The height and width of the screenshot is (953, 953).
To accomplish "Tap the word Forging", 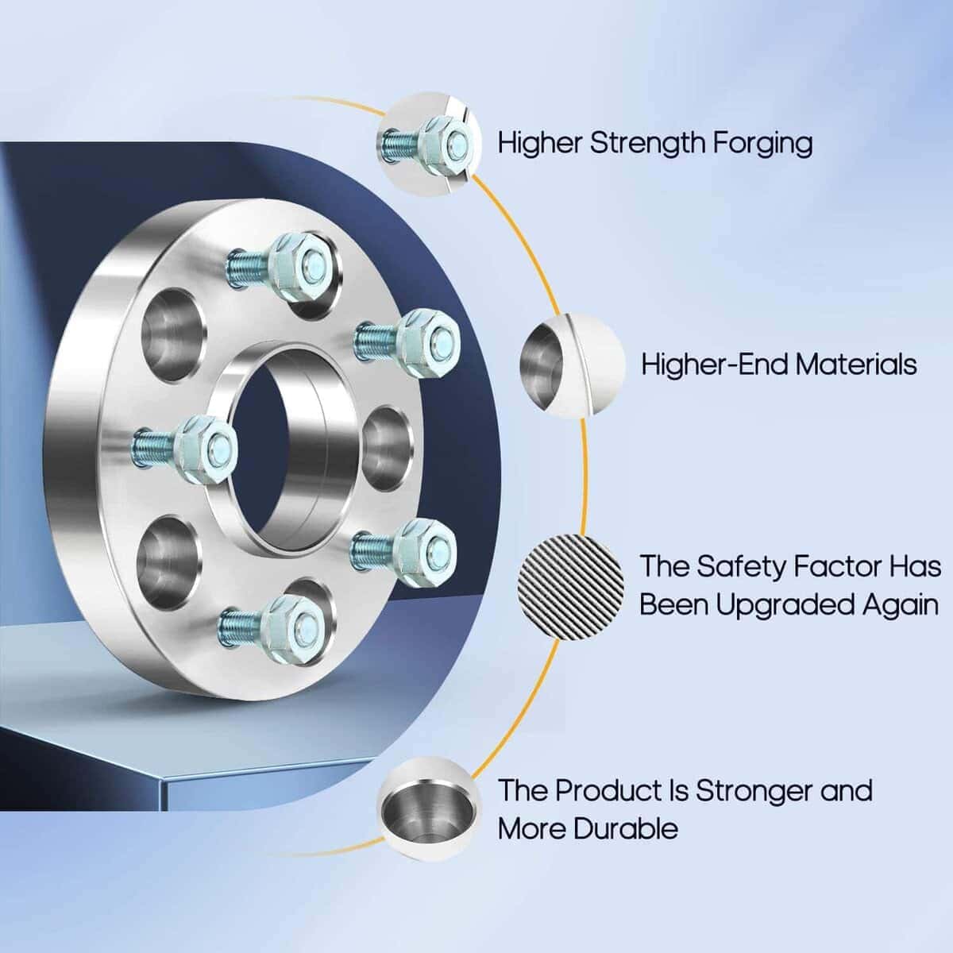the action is click(762, 145).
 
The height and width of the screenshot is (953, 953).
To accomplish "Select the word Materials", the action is click(856, 365).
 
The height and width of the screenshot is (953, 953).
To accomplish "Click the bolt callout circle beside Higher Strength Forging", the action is click(429, 144).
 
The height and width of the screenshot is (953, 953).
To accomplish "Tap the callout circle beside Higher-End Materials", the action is click(572, 365).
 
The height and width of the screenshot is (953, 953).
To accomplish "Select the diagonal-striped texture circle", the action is click(570, 588).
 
